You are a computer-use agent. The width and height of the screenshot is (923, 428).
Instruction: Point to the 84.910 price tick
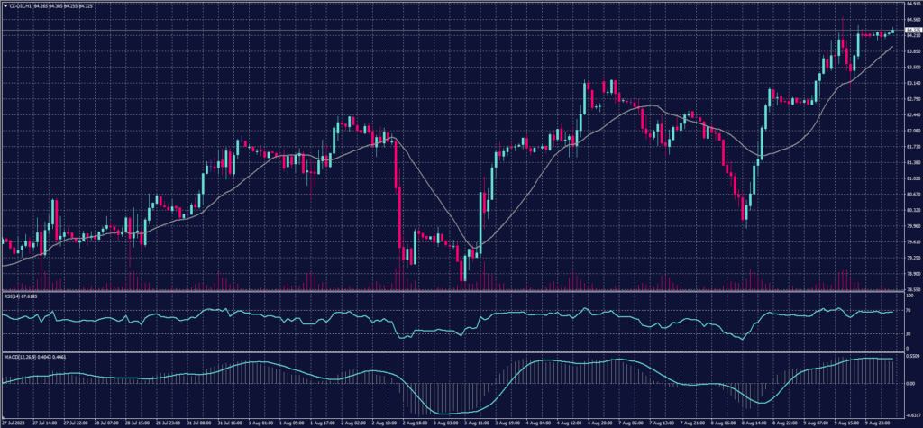pyautogui.click(x=908, y=5)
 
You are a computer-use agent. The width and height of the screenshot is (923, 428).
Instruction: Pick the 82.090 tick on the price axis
pyautogui.click(x=908, y=131)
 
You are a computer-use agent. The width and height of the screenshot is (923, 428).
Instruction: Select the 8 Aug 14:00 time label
pyautogui.click(x=751, y=422)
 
